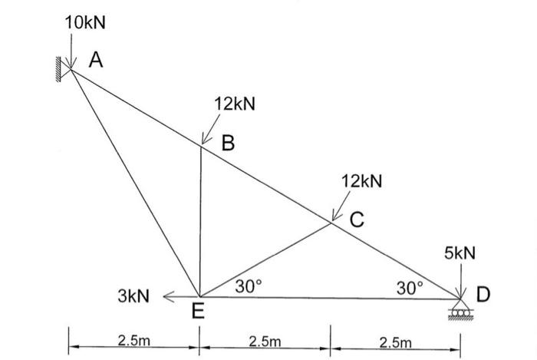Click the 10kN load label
pyautogui.click(x=86, y=23)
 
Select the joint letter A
pyautogui.click(x=95, y=60)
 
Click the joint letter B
pyautogui.click(x=228, y=143)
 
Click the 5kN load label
pyautogui.click(x=459, y=253)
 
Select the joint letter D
pyautogui.click(x=483, y=294)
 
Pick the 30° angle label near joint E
pyautogui.click(x=249, y=286)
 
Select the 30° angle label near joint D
pyautogui.click(x=410, y=288)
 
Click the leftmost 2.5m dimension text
pyautogui.click(x=134, y=340)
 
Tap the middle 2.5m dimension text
pyautogui.click(x=265, y=340)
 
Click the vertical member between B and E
pyautogui.click(x=199, y=223)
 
